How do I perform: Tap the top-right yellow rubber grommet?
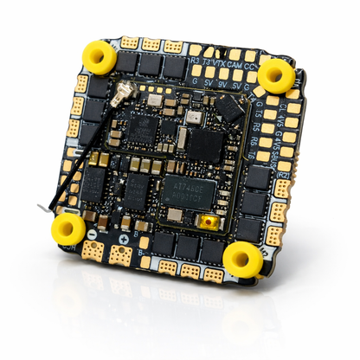(276, 75)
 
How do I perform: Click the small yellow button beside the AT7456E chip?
(208, 224)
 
